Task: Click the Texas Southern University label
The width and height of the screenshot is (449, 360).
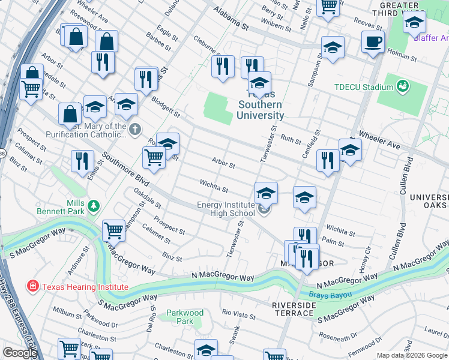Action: point(260,105)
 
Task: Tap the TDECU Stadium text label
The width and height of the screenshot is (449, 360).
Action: point(363,87)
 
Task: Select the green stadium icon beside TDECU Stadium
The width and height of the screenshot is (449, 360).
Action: point(402,87)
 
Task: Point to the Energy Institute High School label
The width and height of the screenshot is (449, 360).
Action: point(226,209)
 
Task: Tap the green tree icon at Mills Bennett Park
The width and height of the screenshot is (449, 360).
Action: point(93,206)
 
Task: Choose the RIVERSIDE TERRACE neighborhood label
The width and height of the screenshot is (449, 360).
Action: point(294,310)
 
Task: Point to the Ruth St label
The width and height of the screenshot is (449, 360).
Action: point(291,140)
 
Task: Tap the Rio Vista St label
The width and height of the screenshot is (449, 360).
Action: point(239,313)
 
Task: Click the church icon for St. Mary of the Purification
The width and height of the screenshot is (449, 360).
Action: point(136,130)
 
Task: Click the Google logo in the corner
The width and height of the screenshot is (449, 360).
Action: point(20,353)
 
